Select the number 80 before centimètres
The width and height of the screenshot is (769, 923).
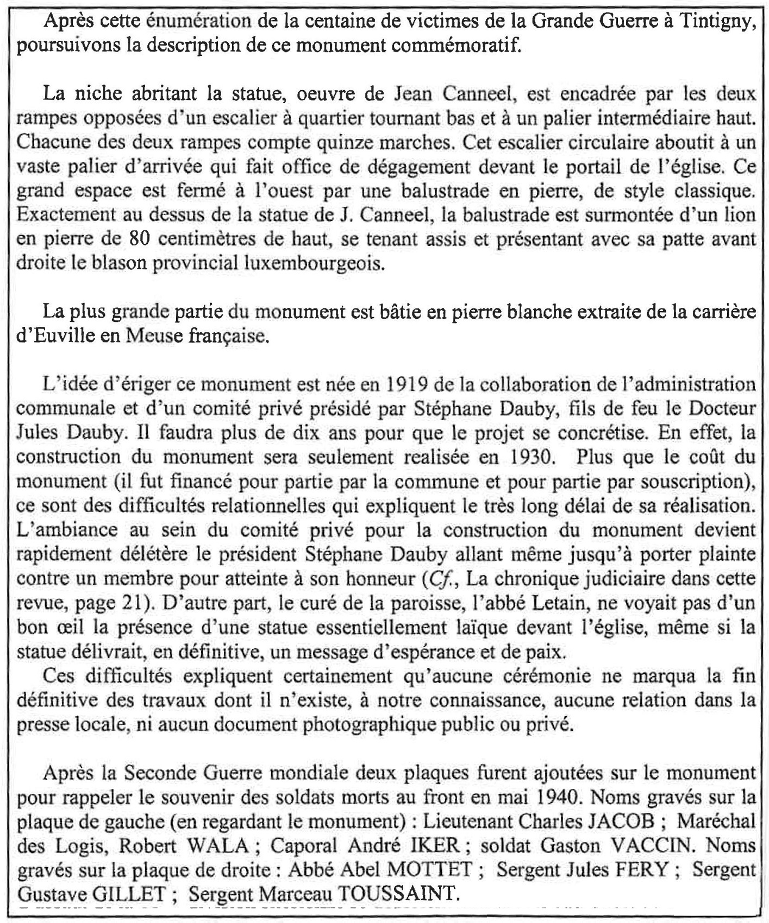click(x=141, y=239)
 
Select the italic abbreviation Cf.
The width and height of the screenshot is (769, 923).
click(x=435, y=578)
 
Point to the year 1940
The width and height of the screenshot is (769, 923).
click(x=560, y=797)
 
